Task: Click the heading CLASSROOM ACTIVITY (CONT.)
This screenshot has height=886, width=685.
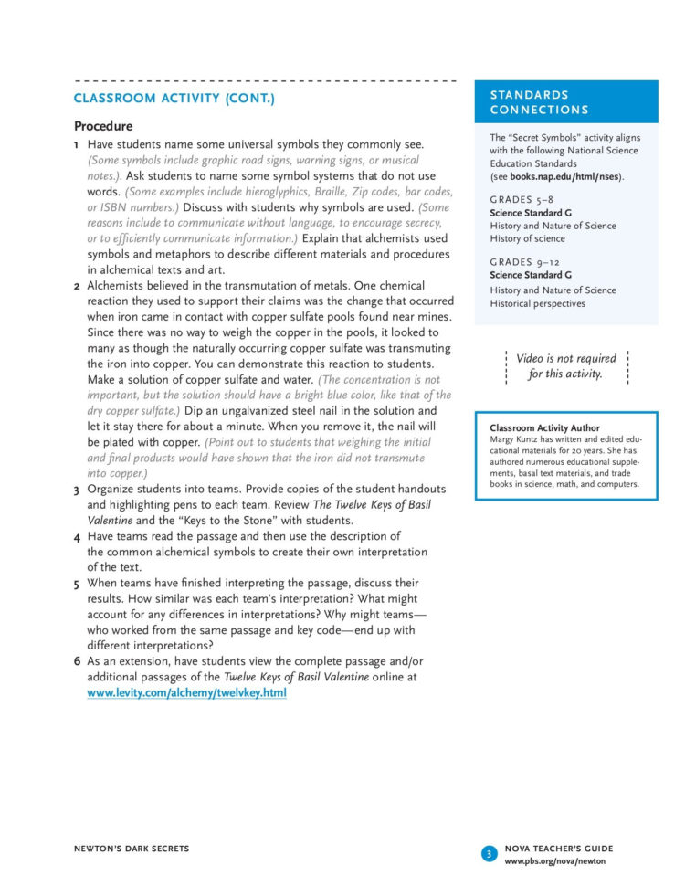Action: [x=174, y=98]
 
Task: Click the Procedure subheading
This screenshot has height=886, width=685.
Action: [x=103, y=126]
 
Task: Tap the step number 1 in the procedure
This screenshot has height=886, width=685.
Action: [x=77, y=145]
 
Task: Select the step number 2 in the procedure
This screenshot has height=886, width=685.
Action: [x=77, y=286]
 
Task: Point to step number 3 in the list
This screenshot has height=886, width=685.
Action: [x=77, y=490]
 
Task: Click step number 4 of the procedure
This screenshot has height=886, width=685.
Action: [x=77, y=537]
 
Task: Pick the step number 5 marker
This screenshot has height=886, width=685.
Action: [x=77, y=583]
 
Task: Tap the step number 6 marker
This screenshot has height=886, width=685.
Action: [x=77, y=661]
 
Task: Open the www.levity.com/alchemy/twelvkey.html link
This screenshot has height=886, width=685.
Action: [x=186, y=693]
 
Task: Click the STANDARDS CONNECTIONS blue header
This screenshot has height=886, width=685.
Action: [x=565, y=102]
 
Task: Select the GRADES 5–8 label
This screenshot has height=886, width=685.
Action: [x=521, y=198]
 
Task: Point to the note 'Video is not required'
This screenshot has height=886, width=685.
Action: [x=566, y=359]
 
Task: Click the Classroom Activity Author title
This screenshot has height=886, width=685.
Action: [x=544, y=427]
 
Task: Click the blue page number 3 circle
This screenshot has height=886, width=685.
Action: [x=489, y=854]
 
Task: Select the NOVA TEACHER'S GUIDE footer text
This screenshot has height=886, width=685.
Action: [x=558, y=849]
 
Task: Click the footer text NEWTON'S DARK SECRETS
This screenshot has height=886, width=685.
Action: [x=132, y=849]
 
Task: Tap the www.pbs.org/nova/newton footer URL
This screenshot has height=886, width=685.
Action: [x=554, y=861]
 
